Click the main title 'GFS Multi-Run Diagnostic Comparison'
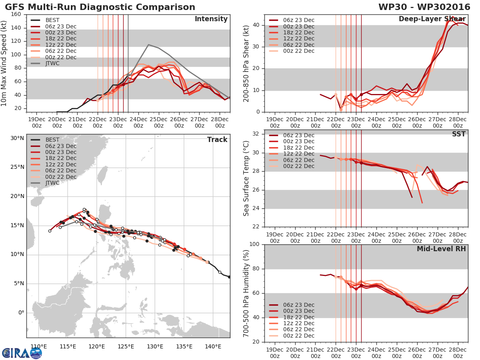pos(100,7)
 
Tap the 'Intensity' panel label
pos(211,19)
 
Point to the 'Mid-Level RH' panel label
pos(441,249)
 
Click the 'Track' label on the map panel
pos(217,140)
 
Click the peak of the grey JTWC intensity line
pos(148,44)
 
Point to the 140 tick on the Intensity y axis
pos(16,28)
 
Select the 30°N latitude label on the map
pos(17,138)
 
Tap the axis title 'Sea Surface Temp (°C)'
pos(246,178)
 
